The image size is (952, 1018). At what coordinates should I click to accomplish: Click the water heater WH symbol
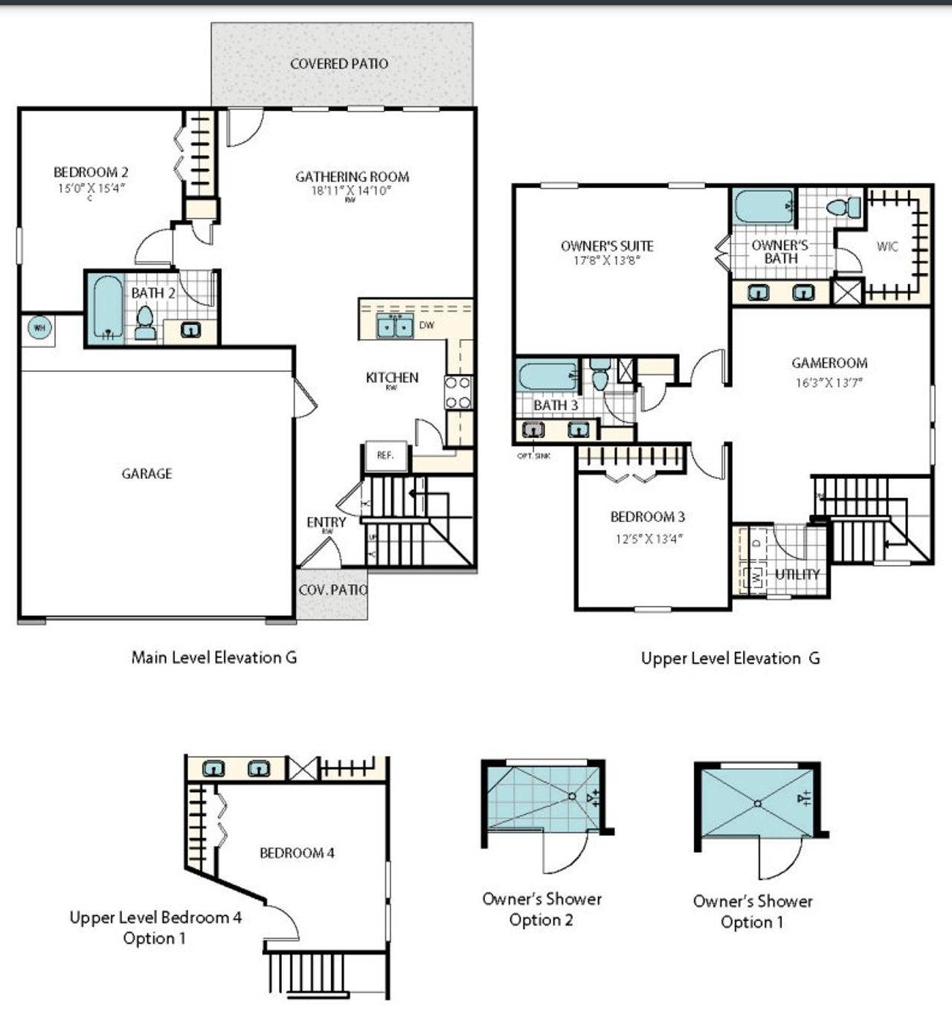(x=38, y=328)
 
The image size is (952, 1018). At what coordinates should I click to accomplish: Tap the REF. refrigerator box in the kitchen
(x=385, y=456)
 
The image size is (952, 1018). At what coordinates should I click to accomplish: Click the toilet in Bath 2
(x=145, y=323)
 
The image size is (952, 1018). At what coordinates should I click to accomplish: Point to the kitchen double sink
(x=394, y=326)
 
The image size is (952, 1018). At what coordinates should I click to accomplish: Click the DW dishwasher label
(x=427, y=326)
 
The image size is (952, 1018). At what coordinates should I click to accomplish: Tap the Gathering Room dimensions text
(x=351, y=190)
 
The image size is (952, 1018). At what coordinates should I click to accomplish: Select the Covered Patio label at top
(x=339, y=64)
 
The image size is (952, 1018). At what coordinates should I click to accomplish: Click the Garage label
(x=147, y=474)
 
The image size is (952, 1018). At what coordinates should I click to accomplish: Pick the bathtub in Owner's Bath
(x=763, y=207)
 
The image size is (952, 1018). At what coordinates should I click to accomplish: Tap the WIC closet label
(x=887, y=247)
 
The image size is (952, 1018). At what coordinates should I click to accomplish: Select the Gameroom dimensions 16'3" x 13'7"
(x=829, y=383)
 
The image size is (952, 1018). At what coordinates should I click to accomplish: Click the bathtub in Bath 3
(x=547, y=377)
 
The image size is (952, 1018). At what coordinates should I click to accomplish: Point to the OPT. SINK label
(x=533, y=456)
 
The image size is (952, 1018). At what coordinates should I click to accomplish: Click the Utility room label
(x=797, y=574)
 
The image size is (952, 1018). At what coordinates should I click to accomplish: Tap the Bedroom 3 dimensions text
(x=648, y=538)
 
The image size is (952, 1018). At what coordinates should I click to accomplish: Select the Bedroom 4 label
(x=297, y=853)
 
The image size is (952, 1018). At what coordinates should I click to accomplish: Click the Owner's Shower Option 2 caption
(x=541, y=909)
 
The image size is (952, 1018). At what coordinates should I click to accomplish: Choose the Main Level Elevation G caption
(x=214, y=657)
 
